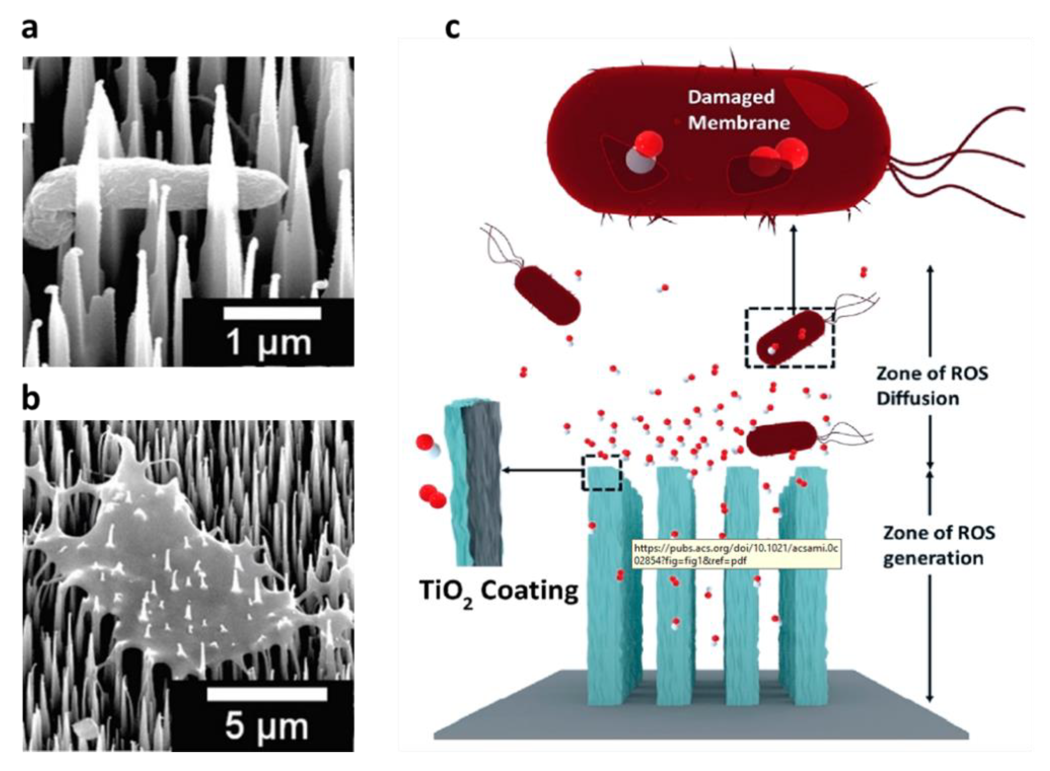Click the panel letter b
point(31,399)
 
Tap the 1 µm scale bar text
point(268,343)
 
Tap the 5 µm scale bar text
point(267,726)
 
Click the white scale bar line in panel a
point(272,313)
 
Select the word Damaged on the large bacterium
point(731,97)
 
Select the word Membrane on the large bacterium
point(738,123)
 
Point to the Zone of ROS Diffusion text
point(931,386)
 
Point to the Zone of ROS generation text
point(938,545)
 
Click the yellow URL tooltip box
point(736,554)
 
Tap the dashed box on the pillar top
point(601,473)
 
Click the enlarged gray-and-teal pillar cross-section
point(473,483)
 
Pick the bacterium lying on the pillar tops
point(782,438)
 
